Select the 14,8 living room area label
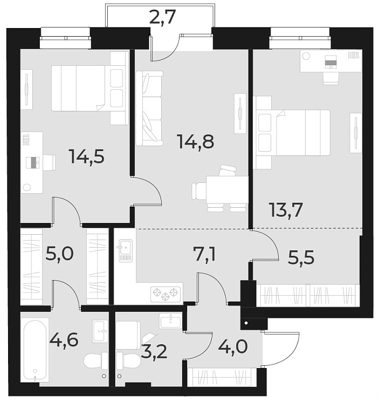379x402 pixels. point(196,141)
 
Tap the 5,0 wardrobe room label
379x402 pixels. point(59,254)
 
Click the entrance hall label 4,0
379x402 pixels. point(233,345)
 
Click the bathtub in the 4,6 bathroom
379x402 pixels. point(35,350)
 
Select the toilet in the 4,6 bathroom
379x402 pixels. point(95,360)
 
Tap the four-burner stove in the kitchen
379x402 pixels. point(166,294)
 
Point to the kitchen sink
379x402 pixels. point(125,250)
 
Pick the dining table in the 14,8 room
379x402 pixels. point(226,189)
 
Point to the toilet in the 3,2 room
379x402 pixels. point(128,360)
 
